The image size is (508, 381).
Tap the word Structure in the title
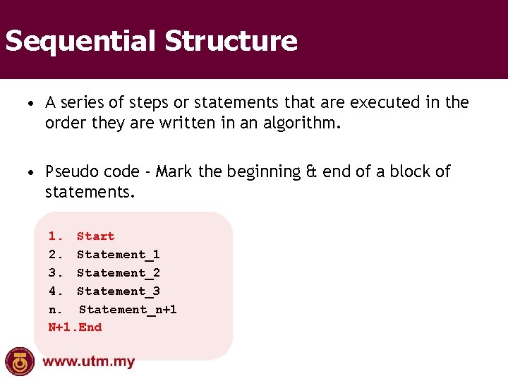coord(231,41)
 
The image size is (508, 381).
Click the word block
coord(406,172)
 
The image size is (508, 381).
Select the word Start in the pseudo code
coord(95,236)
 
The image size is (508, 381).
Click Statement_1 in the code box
coord(118,255)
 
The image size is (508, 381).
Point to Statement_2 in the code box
coord(118,273)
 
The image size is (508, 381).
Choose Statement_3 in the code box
coord(118,291)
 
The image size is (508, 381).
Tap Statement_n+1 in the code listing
coord(128,310)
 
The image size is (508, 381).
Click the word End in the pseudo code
coord(90,327)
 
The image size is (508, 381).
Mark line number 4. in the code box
coord(56,291)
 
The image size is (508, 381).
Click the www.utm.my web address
coord(89,363)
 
